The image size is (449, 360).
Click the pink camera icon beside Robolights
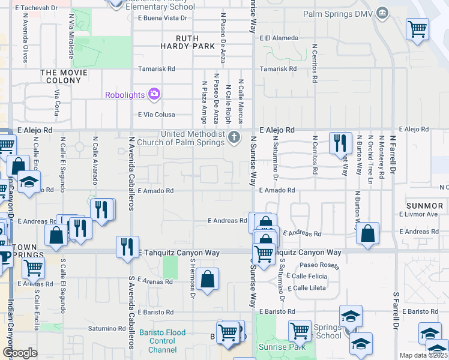[154, 94]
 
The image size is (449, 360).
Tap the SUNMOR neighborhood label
[424, 205]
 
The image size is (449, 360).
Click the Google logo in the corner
[20, 353]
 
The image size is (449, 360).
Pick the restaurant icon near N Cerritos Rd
[340, 143]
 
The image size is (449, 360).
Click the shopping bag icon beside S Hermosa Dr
[207, 279]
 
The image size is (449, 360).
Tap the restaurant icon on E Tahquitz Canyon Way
[127, 247]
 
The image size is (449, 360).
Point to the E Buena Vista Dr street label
[162, 18]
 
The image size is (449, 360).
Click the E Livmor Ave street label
[418, 214]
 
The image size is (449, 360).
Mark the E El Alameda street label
[279, 38]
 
